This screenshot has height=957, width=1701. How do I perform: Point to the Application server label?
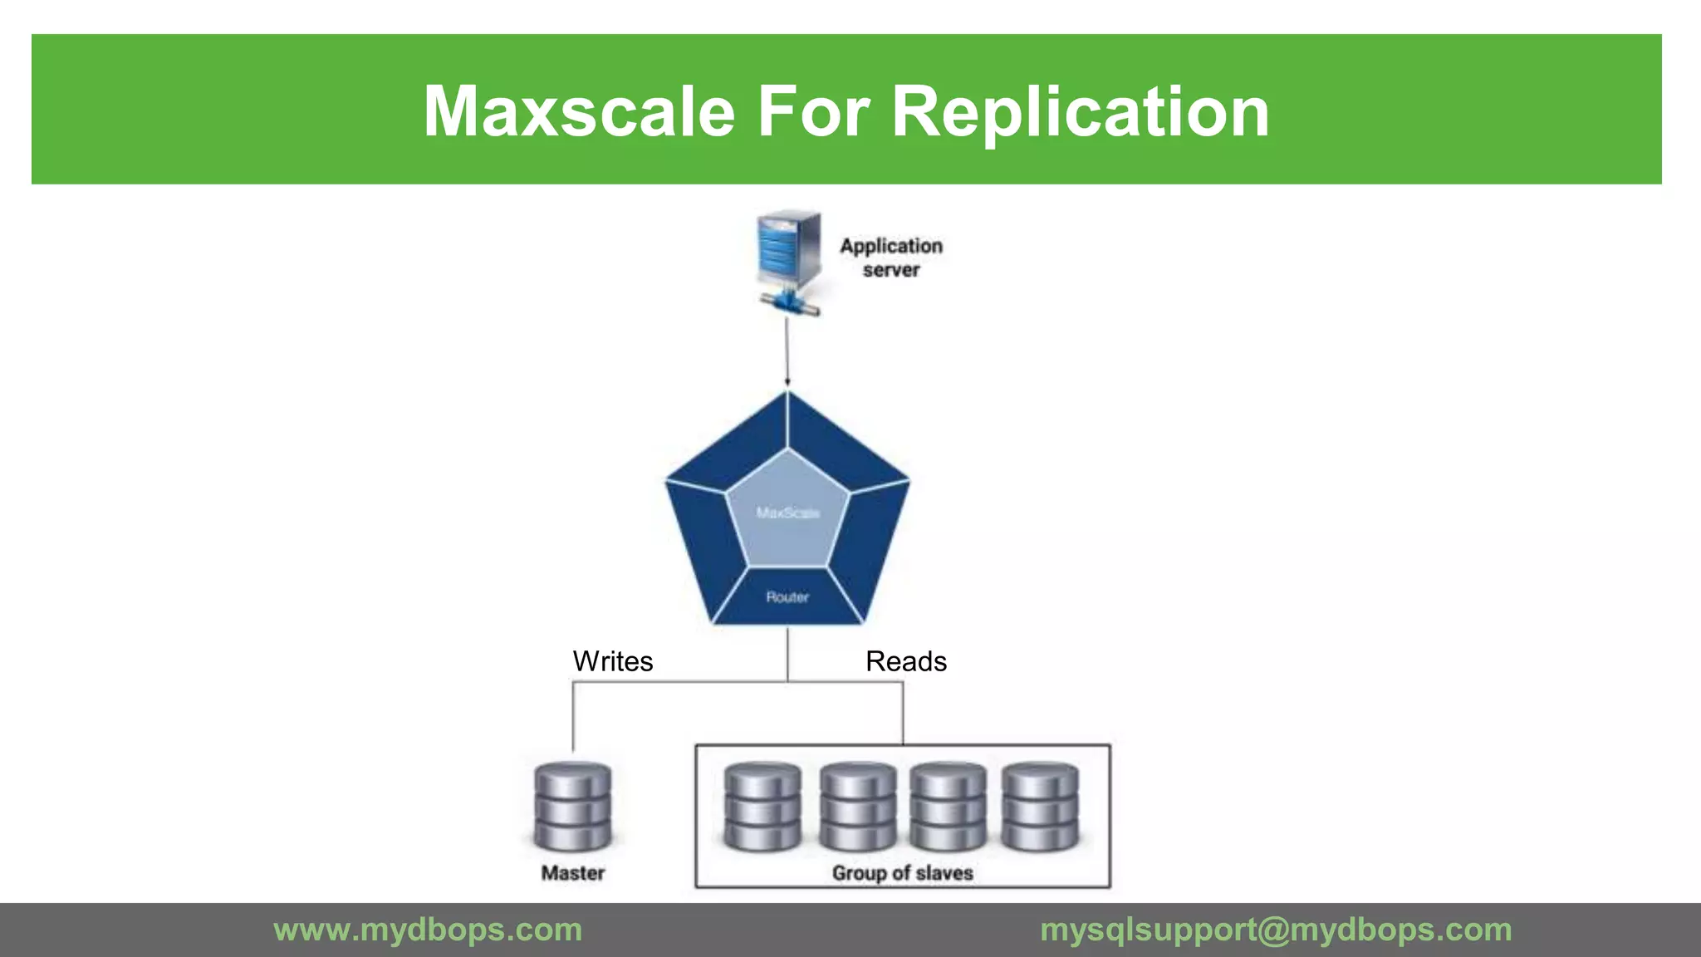point(891,258)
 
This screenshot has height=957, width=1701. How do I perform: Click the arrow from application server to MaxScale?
point(787,353)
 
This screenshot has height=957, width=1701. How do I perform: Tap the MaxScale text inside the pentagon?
point(787,513)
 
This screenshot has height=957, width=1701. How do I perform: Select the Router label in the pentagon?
point(787,596)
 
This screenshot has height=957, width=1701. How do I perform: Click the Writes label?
point(613,661)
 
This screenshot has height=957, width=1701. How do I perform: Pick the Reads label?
point(906,661)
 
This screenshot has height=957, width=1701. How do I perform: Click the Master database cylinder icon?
point(573,806)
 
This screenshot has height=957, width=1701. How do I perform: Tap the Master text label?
point(573,872)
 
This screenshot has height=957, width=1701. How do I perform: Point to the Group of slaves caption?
point(903,872)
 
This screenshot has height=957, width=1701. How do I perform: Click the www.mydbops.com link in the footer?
point(428,930)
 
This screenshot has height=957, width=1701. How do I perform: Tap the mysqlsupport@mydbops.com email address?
point(1276,930)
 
